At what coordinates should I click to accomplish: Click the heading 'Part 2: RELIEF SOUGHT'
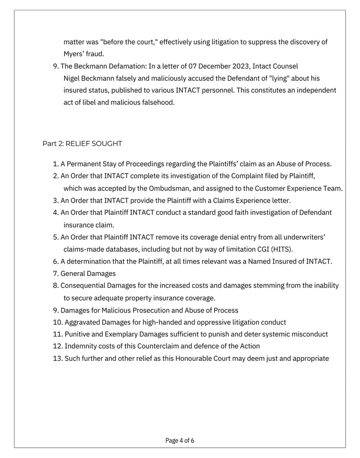point(82,144)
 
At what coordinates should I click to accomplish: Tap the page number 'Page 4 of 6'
point(180,441)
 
